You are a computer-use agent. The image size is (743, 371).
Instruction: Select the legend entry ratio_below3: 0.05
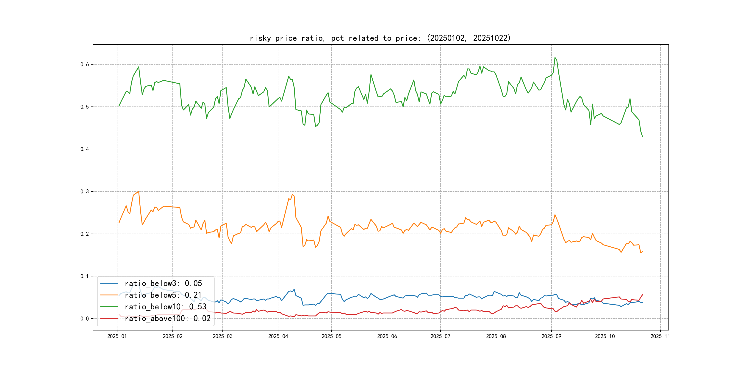[x=163, y=284]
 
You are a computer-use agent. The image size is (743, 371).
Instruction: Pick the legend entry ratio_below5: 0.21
[x=163, y=295]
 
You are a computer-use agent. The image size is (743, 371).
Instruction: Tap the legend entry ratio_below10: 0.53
[x=165, y=307]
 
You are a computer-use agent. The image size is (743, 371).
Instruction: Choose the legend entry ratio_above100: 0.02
[x=167, y=319]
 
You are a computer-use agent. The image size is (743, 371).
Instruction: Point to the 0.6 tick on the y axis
[x=85, y=64]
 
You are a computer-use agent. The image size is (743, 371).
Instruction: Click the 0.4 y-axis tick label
[x=85, y=149]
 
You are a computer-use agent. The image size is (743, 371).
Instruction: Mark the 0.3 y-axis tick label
[x=85, y=191]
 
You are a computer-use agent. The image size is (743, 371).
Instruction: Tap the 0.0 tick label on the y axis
[x=85, y=319]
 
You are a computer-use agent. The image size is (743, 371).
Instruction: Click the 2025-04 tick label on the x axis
[x=278, y=336]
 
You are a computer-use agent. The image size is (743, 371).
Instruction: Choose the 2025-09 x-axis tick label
[x=551, y=336]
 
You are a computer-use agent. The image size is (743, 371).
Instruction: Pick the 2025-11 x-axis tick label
[x=660, y=336]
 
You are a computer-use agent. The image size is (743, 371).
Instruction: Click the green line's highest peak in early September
[x=555, y=58]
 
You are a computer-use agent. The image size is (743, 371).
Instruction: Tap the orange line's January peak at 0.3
[x=139, y=191]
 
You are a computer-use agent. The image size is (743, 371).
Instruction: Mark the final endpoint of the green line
[x=642, y=137]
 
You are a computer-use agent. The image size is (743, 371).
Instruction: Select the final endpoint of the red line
[x=642, y=295]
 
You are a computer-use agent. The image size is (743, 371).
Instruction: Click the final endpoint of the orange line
[x=642, y=251]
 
